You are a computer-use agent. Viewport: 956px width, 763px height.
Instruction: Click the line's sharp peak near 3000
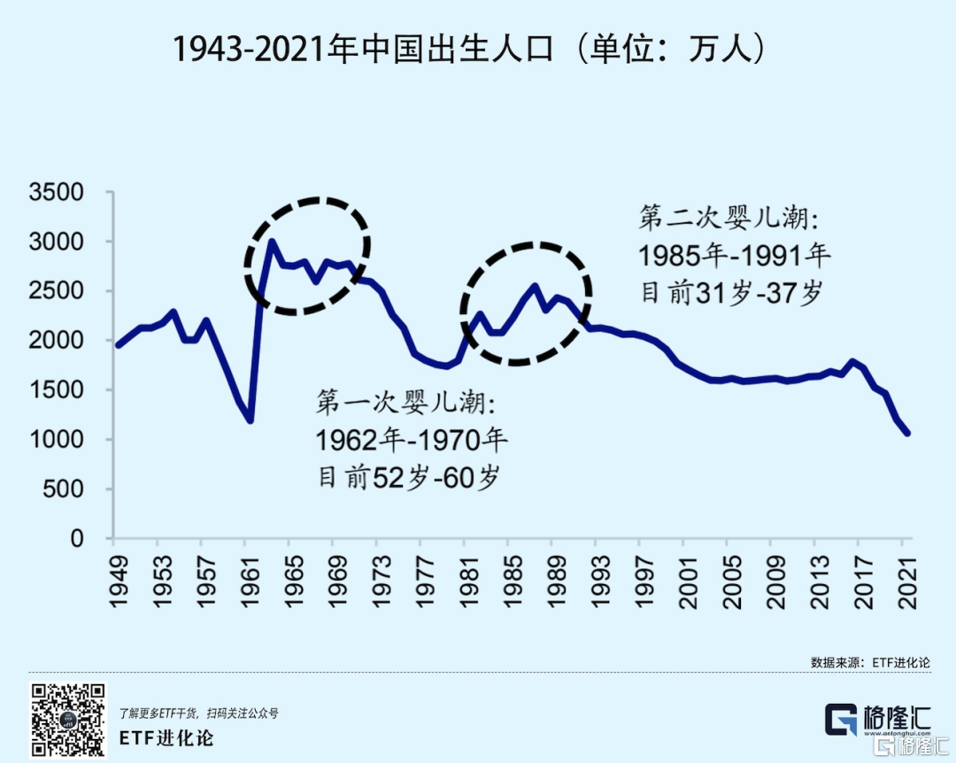click(x=271, y=242)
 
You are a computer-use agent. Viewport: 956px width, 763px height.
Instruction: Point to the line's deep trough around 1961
click(x=251, y=421)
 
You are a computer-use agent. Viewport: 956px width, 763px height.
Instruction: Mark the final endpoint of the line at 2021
click(x=908, y=434)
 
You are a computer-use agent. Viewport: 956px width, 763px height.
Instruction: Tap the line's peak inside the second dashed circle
click(x=535, y=286)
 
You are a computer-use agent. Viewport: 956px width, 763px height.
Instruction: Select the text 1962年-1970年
click(x=412, y=439)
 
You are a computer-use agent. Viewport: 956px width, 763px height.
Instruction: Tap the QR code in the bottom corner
click(x=69, y=721)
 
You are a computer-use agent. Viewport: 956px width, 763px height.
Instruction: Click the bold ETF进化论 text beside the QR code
click(x=166, y=736)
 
